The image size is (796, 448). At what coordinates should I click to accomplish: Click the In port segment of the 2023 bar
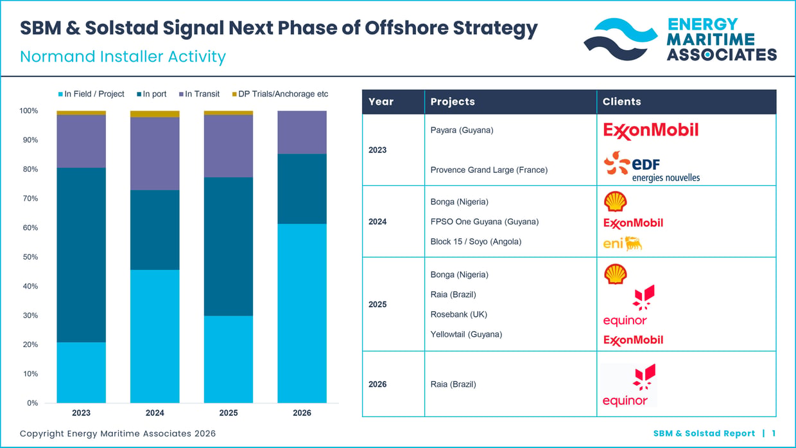tap(81, 255)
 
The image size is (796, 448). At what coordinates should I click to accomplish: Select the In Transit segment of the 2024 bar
tap(155, 154)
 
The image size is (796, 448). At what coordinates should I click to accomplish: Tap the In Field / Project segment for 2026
tap(302, 313)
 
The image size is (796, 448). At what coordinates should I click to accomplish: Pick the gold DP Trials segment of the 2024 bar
tap(155, 114)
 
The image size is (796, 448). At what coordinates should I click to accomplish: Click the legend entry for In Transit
tap(199, 94)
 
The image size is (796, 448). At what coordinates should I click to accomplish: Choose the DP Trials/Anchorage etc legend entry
tap(280, 94)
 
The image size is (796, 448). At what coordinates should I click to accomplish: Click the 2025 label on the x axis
tap(228, 413)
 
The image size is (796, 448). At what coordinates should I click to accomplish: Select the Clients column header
tap(621, 102)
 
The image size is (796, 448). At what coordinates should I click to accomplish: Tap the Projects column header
tap(453, 102)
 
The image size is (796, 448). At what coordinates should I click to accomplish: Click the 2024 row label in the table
tap(377, 222)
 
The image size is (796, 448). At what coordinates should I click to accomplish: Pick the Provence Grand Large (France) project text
tap(489, 170)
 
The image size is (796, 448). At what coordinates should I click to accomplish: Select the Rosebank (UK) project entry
tap(459, 314)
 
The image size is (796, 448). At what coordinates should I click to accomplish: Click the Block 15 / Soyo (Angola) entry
tap(476, 242)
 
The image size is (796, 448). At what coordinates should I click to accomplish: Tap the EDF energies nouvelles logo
tap(652, 167)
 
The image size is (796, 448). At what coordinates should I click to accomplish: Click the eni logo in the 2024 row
tap(623, 244)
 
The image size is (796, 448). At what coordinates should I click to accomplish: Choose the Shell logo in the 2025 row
tap(615, 274)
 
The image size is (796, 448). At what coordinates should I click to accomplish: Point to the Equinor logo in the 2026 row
tap(629, 385)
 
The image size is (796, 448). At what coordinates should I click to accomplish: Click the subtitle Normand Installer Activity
tap(123, 57)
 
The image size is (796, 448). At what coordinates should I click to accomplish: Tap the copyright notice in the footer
tap(117, 433)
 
